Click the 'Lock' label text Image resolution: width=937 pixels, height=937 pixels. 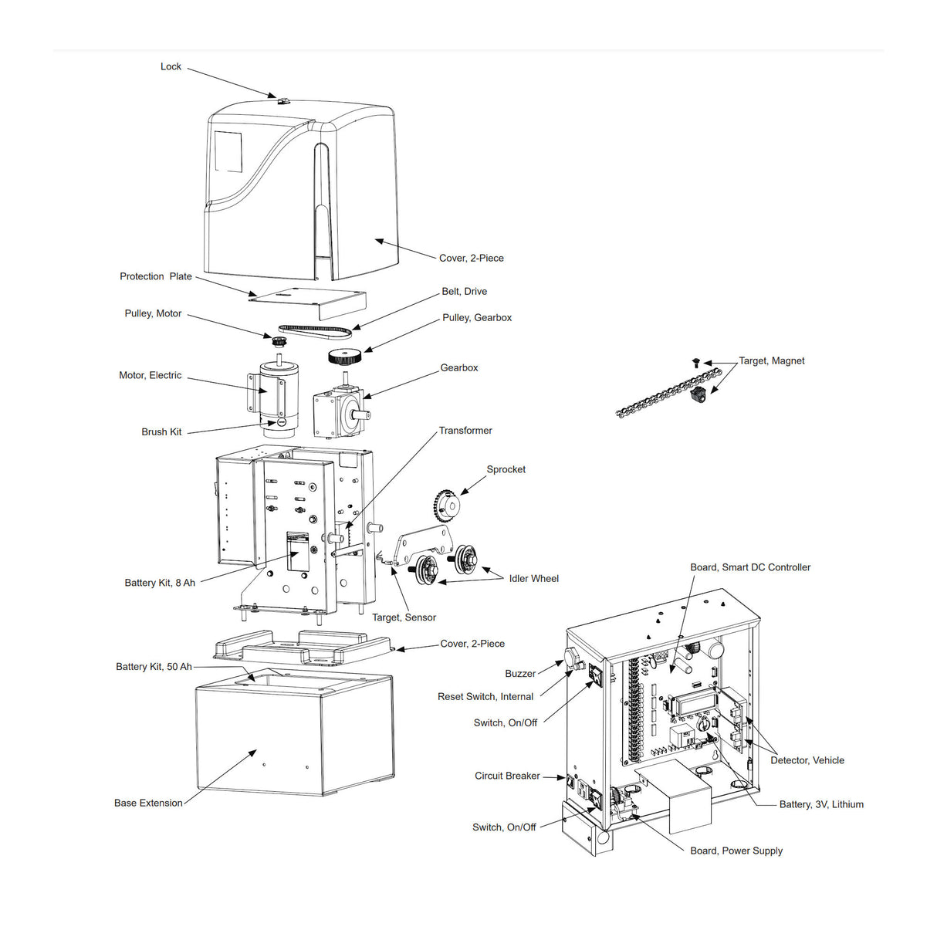coord(171,66)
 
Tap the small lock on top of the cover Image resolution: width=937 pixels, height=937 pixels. coord(282,100)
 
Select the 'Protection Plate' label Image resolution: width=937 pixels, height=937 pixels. coord(155,276)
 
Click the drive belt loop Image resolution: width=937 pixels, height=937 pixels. coord(315,330)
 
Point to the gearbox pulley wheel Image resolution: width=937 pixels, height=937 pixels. coord(344,357)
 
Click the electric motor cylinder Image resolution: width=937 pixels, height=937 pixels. coord(276,394)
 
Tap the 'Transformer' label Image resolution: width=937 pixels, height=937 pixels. coord(465,431)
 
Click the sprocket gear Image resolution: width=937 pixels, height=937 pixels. coord(445,504)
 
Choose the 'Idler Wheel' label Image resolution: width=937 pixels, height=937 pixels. coord(533,578)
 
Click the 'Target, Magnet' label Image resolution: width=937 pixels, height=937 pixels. coord(771,360)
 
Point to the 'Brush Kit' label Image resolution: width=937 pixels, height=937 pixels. coord(161,431)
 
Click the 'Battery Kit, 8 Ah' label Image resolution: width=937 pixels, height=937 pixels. coord(160,583)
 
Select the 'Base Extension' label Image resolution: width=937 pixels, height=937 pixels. coord(148,803)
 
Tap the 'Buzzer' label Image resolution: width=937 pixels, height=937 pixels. coord(519,674)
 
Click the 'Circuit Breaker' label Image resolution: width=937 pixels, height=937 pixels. coord(507,776)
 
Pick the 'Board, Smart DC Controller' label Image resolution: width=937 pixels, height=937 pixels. coord(749,567)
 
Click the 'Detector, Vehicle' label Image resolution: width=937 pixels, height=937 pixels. coord(807,760)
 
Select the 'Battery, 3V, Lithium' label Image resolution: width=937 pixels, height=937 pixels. coord(820,804)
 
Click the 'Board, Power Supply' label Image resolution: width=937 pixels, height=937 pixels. coord(736,851)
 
